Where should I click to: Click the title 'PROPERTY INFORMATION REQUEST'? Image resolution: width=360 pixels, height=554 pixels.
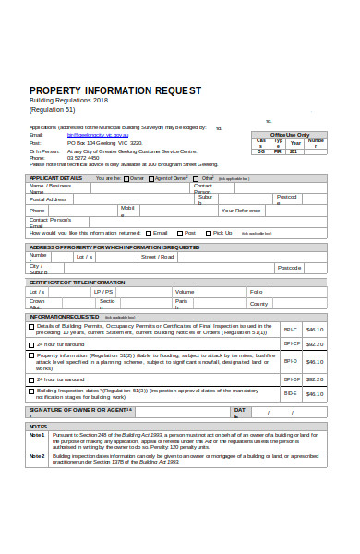114,90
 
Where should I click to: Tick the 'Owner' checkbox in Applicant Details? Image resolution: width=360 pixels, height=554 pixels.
126,178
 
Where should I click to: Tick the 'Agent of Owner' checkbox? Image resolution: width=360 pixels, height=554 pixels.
151,178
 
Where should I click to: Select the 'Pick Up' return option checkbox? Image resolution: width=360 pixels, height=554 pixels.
209,234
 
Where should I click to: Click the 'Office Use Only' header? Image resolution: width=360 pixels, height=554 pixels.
289,135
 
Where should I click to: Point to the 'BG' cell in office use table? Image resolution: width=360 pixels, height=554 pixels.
260,151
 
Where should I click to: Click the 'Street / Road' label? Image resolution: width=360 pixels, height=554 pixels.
157,257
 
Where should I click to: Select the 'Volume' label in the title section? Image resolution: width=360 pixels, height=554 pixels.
185,292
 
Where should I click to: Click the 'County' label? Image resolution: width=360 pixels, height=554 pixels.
258,303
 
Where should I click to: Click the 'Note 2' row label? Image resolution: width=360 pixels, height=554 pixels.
37,455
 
